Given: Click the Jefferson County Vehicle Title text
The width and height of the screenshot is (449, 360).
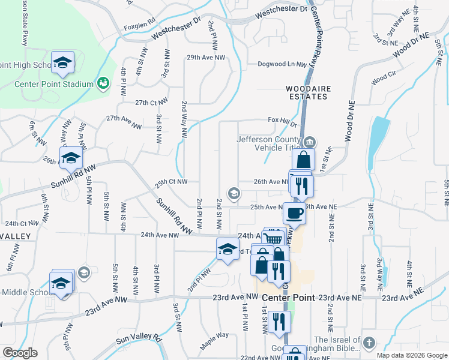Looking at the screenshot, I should (268, 143).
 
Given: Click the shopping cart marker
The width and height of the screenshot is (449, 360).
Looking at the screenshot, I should (274, 238).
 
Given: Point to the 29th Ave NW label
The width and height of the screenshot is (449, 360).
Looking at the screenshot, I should (206, 58).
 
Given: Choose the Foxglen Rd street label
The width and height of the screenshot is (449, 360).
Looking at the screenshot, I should (139, 27).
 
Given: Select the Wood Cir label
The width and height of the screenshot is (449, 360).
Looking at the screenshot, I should (384, 77).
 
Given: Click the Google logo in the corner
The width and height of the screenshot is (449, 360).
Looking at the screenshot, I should (20, 353).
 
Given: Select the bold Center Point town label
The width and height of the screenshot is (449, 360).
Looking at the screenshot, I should (283, 298).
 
